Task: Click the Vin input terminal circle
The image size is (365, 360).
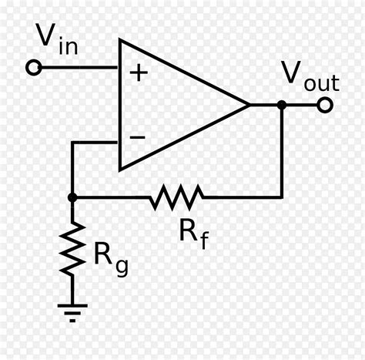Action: (34, 68)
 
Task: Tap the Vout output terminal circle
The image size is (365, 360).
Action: (325, 105)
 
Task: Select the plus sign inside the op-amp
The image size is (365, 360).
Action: (139, 72)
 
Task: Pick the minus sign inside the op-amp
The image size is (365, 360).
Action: (138, 137)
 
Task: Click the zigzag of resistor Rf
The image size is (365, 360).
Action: (177, 197)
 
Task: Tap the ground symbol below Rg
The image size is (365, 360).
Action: (72, 313)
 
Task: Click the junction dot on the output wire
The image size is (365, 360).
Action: (282, 105)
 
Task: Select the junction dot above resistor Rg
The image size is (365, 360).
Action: (72, 197)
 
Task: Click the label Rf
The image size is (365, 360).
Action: (194, 234)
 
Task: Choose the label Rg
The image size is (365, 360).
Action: (111, 260)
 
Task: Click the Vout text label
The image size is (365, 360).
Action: (310, 76)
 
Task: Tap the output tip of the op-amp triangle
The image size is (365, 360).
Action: (249, 105)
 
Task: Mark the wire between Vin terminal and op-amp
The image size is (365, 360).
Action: (79, 68)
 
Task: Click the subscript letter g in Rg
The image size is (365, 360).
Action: (122, 267)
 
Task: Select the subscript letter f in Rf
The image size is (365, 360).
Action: (203, 239)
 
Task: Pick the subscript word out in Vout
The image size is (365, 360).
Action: (322, 82)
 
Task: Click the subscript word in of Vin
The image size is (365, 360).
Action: (69, 46)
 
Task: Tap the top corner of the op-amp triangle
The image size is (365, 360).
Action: (119, 40)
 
